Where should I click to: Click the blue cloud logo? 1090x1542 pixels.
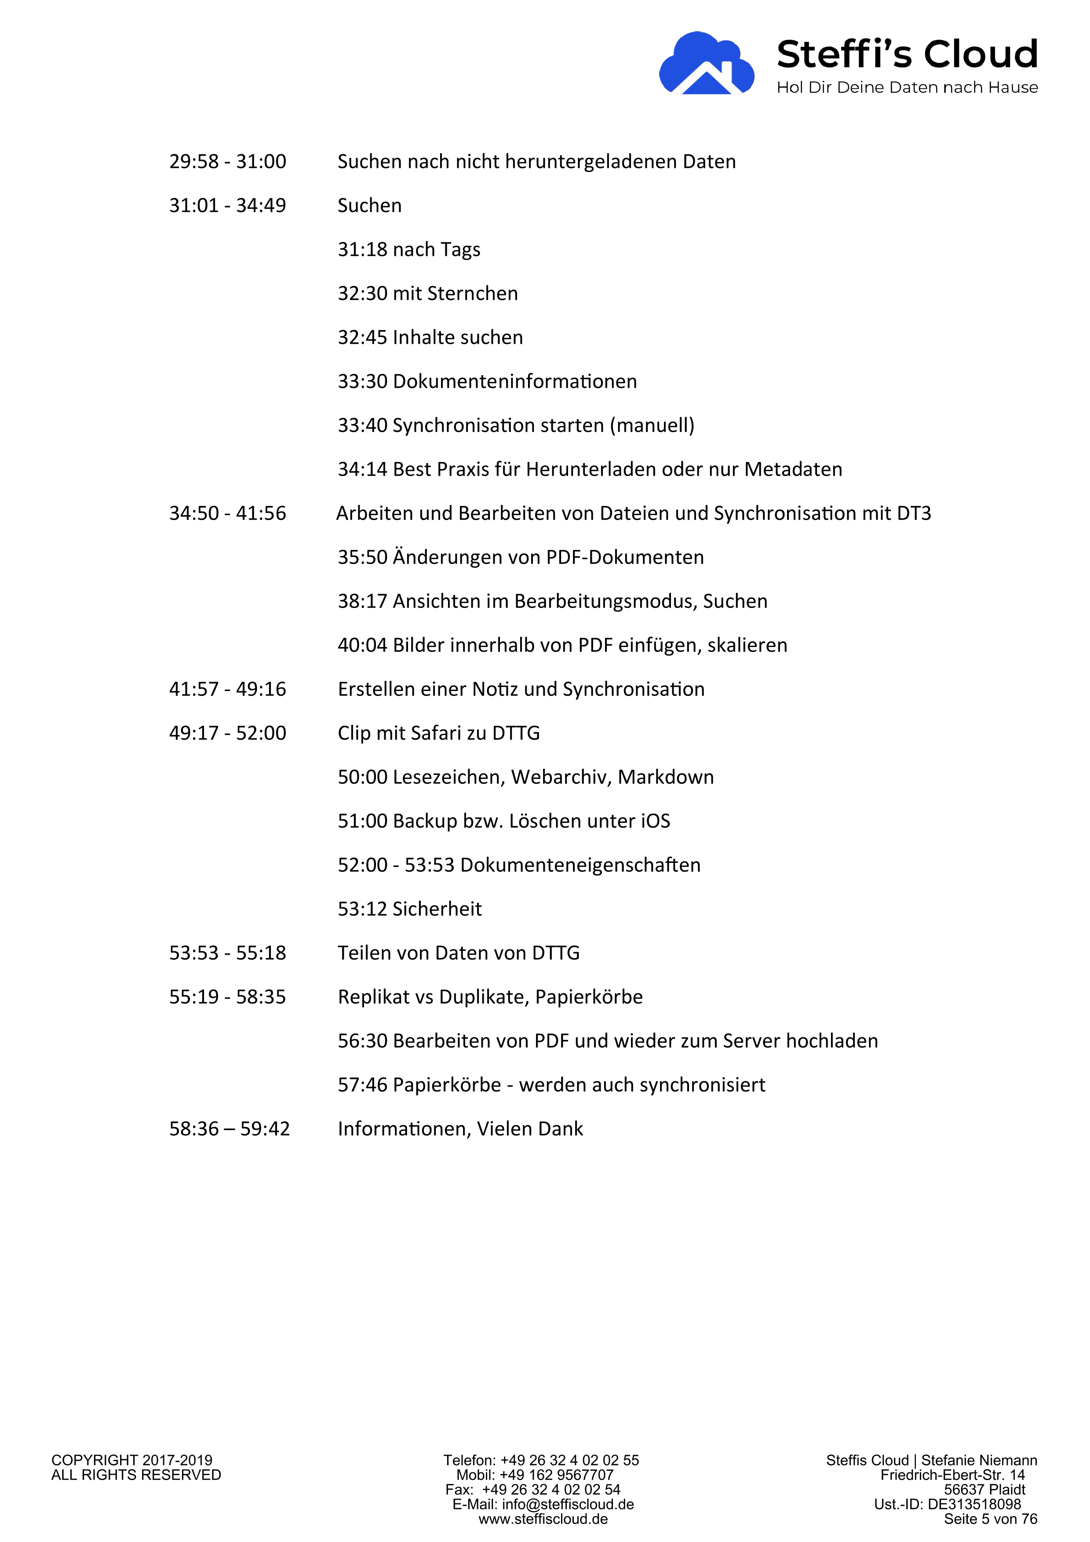point(706,64)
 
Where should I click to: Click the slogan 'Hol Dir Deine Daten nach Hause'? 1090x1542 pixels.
point(907,87)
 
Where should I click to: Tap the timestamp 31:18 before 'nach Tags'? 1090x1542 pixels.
point(363,250)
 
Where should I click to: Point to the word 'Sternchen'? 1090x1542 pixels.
point(472,294)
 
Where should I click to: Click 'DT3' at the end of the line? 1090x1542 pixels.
point(913,514)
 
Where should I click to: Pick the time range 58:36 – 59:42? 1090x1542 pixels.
point(229,1129)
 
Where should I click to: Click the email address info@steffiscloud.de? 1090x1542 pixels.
point(568,1504)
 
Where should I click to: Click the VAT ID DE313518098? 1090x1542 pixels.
point(974,1504)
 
